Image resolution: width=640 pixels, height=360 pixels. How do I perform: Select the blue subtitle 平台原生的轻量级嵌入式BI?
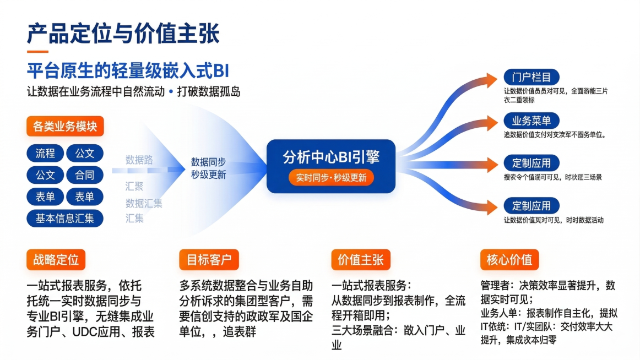127,71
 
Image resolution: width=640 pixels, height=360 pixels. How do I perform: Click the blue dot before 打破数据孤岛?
171,91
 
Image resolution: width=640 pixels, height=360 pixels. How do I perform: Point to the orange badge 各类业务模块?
65,126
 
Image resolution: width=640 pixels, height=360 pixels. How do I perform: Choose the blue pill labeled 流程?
45,154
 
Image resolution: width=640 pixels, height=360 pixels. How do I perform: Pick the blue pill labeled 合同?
84,176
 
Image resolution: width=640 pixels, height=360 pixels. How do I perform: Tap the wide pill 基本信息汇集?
65,218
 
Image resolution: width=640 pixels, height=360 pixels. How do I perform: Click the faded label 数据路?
139,160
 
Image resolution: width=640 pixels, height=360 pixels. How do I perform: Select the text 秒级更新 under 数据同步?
208,175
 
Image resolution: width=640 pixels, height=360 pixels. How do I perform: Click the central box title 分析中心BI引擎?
331,157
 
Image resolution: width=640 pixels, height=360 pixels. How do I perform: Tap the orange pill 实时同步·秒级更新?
331,178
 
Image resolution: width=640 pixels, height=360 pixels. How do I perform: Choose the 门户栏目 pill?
531,77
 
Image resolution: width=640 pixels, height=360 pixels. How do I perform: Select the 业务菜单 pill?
531,121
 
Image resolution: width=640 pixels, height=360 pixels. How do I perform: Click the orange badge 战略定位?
56,259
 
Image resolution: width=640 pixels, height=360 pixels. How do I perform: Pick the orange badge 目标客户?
209,259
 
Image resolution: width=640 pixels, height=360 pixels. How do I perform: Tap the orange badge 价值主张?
360,259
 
